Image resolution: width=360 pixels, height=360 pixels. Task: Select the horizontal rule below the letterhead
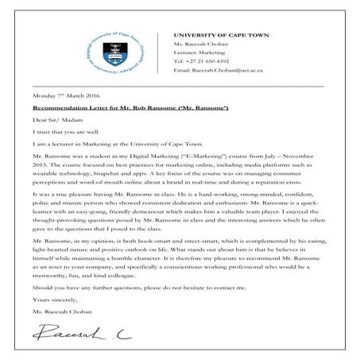pyautogui.click(x=179, y=85)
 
